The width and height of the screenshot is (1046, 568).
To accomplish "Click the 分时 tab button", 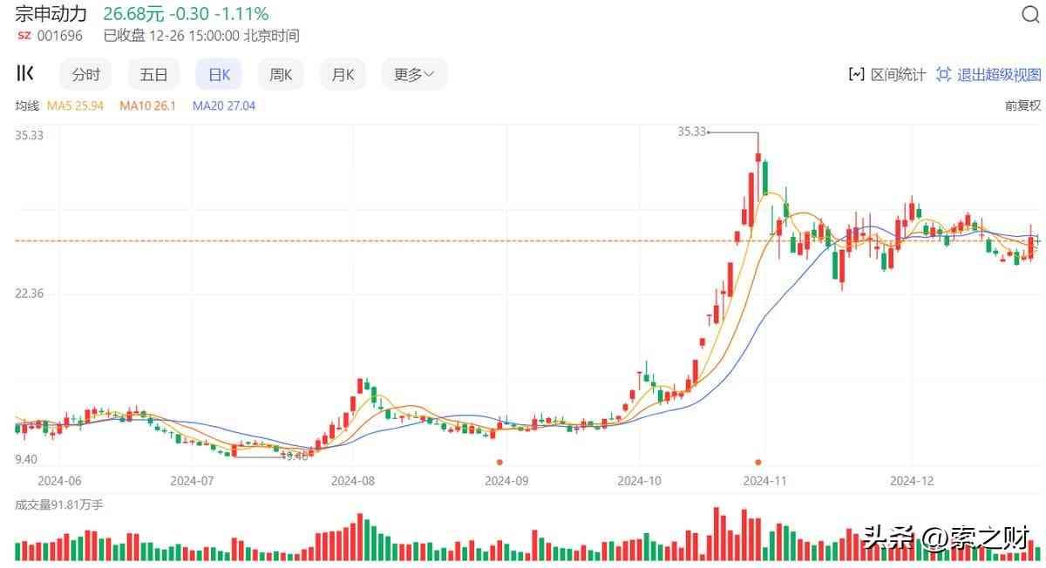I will pyautogui.click(x=85, y=75).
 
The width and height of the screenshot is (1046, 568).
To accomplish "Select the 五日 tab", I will pyautogui.click(x=153, y=75).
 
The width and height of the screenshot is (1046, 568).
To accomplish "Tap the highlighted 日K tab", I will pyautogui.click(x=219, y=75).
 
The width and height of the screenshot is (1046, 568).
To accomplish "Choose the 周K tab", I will pyautogui.click(x=281, y=75).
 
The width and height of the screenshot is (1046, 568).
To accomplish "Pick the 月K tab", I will pyautogui.click(x=343, y=75).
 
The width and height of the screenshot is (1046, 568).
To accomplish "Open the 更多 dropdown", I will pyautogui.click(x=414, y=75).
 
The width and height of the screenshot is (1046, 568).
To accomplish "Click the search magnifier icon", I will pyautogui.click(x=1029, y=15).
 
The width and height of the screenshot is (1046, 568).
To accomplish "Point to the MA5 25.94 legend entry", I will pyautogui.click(x=75, y=105).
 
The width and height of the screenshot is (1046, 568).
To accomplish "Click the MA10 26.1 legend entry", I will pyautogui.click(x=147, y=105).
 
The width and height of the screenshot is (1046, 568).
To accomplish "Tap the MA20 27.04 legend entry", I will pyautogui.click(x=223, y=105).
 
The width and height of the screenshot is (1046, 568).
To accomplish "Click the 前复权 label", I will pyautogui.click(x=1022, y=105).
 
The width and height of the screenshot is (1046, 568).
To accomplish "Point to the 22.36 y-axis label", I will pyautogui.click(x=29, y=294).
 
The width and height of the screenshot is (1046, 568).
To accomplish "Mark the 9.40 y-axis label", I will pyautogui.click(x=26, y=459).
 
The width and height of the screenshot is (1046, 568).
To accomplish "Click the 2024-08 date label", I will pyautogui.click(x=354, y=480).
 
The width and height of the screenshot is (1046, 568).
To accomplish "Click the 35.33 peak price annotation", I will pyautogui.click(x=691, y=132).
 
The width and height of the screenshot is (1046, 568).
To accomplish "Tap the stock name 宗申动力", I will pyautogui.click(x=51, y=14).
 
